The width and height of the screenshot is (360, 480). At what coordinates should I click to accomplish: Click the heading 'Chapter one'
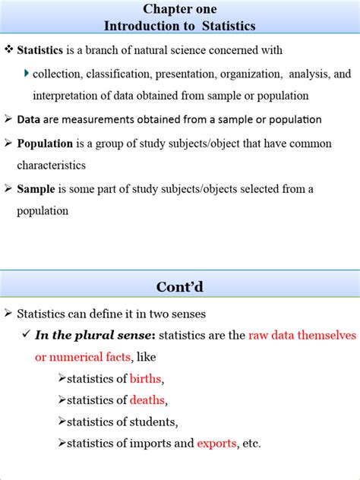pyautogui.click(x=179, y=9)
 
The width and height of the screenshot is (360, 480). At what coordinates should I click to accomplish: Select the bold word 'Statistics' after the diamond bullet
pyautogui.click(x=41, y=50)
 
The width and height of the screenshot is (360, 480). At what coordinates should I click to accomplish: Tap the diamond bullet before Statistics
pyautogui.click(x=9, y=50)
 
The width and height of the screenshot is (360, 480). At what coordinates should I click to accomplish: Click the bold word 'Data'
pyautogui.click(x=29, y=119)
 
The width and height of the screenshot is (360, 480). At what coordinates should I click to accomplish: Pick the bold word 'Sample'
pyautogui.click(x=36, y=188)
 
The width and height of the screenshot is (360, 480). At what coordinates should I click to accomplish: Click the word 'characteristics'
pyautogui.click(x=52, y=165)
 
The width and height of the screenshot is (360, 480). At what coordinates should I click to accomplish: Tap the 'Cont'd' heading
pyautogui.click(x=179, y=287)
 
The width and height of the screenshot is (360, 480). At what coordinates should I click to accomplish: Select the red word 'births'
pyautogui.click(x=146, y=378)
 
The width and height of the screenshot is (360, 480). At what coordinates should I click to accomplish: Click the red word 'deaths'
pyautogui.click(x=147, y=400)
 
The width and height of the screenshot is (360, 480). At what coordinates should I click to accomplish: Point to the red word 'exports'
pyautogui.click(x=216, y=444)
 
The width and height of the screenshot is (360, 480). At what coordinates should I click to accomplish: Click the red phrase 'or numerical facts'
pyautogui.click(x=83, y=357)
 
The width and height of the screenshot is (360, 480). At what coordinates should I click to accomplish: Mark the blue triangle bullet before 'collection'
pyautogui.click(x=27, y=73)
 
